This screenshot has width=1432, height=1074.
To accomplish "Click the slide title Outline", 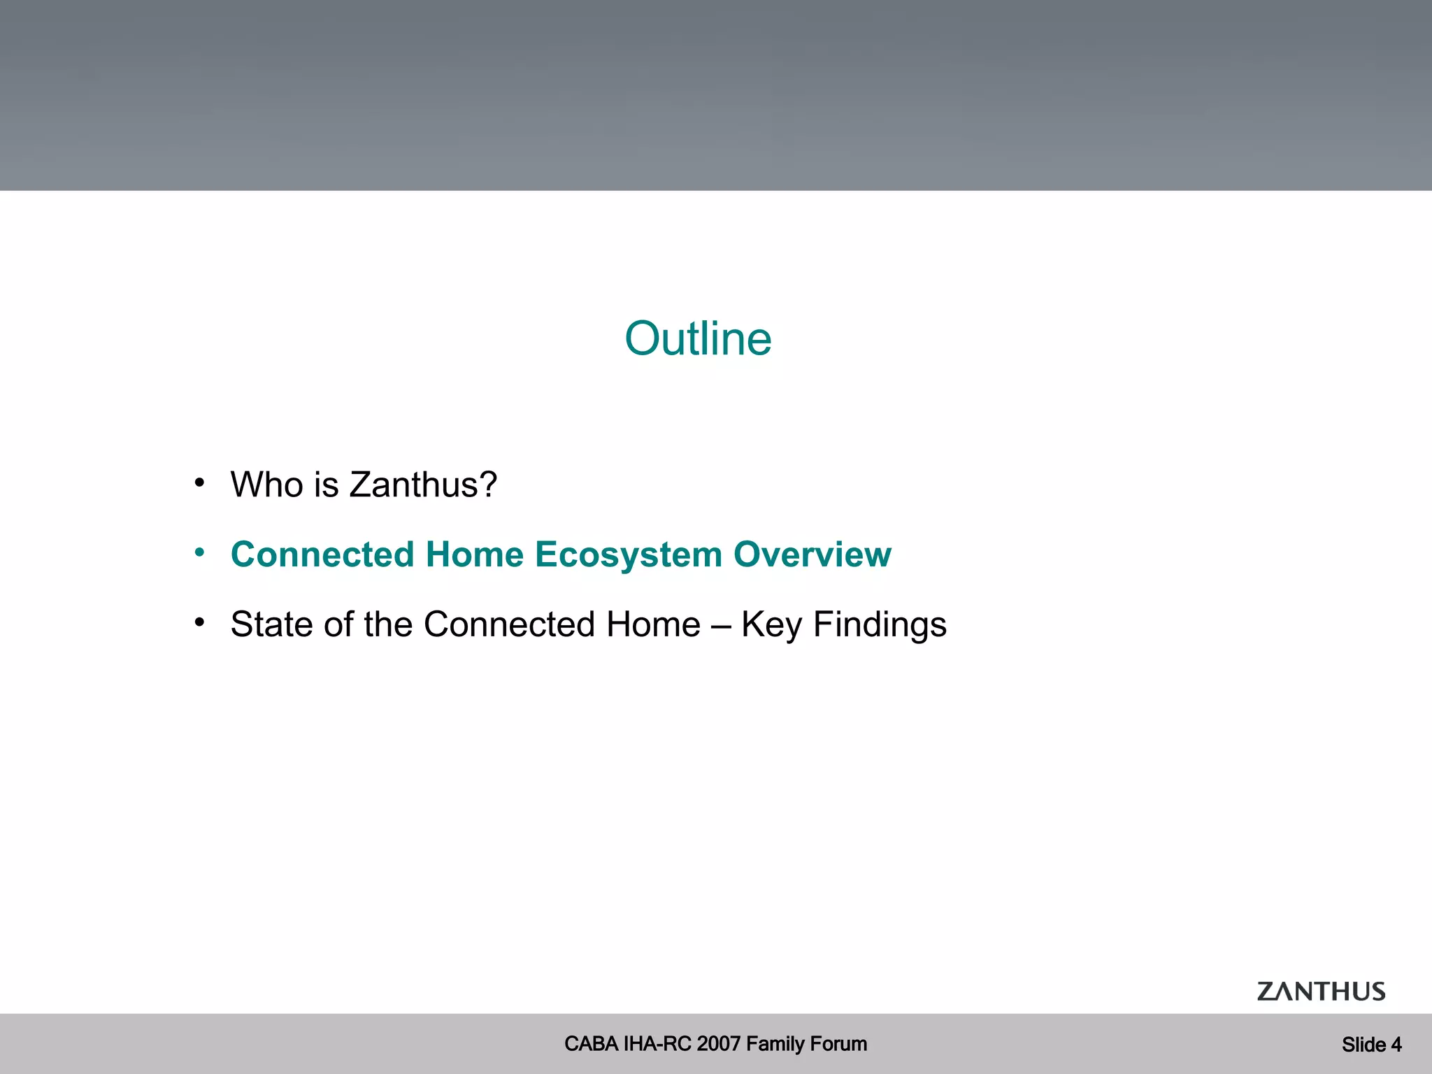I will click(x=698, y=339).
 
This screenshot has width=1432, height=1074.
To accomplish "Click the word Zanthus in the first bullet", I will click(x=423, y=485).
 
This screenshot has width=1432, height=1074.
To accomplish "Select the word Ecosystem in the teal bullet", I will click(x=628, y=555).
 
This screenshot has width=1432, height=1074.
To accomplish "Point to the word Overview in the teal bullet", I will click(x=812, y=554).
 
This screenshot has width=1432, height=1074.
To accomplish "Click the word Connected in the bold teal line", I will click(x=322, y=554).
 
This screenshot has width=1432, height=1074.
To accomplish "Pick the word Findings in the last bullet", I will click(x=880, y=625).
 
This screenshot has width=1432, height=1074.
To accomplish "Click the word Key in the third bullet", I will click(x=771, y=625).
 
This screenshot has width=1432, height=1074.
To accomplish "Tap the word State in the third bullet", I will click(x=271, y=624).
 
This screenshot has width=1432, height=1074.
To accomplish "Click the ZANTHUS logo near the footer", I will click(x=1321, y=991).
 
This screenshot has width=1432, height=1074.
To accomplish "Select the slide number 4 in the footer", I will click(x=1396, y=1045).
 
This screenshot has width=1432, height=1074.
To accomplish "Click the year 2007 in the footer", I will click(x=719, y=1044).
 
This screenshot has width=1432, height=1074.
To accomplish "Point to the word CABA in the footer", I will click(x=591, y=1044).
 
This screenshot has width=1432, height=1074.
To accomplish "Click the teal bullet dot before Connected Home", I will click(x=200, y=552).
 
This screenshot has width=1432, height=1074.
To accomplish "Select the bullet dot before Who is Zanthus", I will click(x=200, y=482).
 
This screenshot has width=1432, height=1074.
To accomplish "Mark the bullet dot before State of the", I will click(x=200, y=622).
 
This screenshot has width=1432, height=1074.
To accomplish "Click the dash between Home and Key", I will click(x=721, y=625).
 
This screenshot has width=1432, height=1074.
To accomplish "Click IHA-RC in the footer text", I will click(x=657, y=1044).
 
